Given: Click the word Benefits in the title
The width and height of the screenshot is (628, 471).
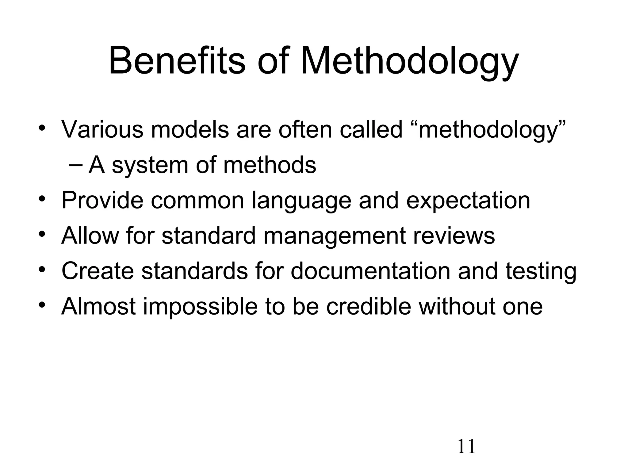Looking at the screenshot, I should [177, 60].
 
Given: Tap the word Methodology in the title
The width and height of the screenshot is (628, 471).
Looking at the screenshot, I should [410, 60].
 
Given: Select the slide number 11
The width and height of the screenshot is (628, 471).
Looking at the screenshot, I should [466, 446].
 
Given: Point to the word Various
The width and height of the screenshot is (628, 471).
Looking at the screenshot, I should [102, 129].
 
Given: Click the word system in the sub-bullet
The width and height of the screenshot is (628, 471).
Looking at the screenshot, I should [150, 165].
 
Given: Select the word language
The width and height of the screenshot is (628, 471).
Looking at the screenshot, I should [301, 201].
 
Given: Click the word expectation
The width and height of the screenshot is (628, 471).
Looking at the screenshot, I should [468, 201].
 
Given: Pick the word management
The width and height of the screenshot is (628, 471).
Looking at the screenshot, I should [334, 236].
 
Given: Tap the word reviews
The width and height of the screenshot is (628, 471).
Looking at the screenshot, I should [454, 236].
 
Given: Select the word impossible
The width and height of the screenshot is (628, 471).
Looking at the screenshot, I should [200, 307].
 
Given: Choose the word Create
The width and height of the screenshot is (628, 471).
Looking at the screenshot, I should [98, 271].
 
